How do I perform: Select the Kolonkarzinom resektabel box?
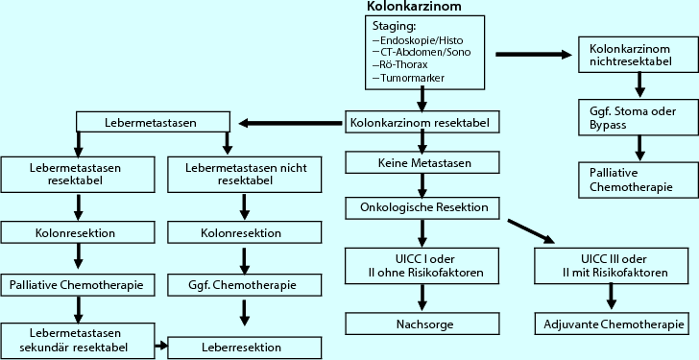[420, 123]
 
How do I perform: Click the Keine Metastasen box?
[420, 164]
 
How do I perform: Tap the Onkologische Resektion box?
[420, 206]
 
